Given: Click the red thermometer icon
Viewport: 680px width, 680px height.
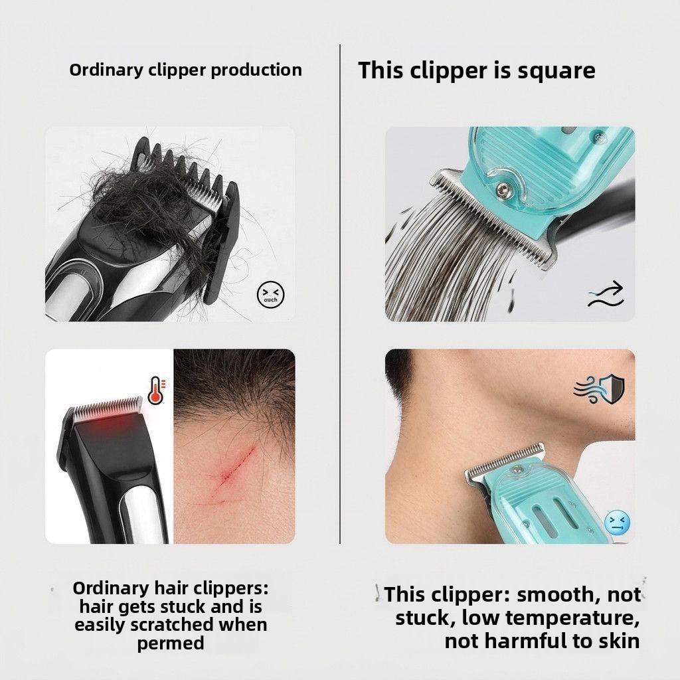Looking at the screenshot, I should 157,390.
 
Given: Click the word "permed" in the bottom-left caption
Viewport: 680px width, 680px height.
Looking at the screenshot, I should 171,643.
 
